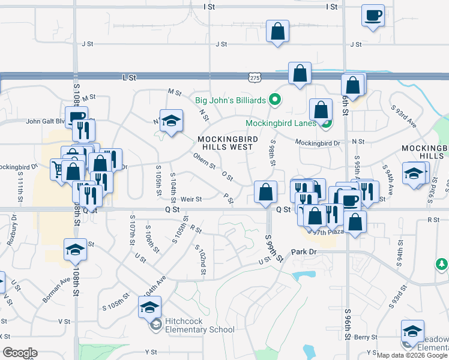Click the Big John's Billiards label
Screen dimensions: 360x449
[230, 100]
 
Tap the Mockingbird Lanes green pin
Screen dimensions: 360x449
[327, 124]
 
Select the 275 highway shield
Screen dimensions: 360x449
[255, 78]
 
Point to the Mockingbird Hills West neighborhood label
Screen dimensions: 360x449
[228, 143]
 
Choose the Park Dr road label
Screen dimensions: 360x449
[303, 253]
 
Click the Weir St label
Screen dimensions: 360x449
[191, 199]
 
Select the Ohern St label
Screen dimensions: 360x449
[204, 161]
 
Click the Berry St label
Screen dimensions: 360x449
[365, 338]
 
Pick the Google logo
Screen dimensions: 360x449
[20, 353]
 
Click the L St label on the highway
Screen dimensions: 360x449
[129, 77]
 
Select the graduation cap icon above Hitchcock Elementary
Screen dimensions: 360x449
[149, 308]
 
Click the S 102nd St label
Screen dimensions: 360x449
[200, 259]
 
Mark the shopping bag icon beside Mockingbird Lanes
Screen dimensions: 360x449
[321, 110]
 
